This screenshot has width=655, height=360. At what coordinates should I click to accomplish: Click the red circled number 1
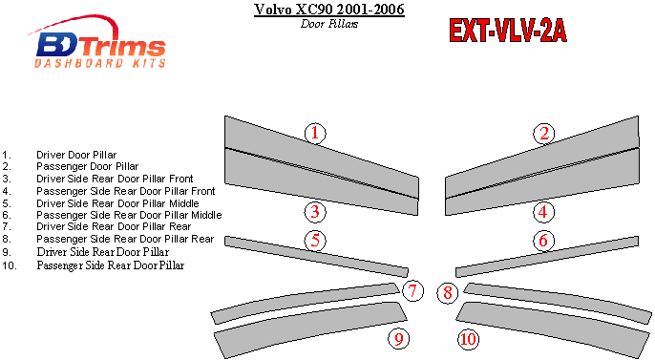315,134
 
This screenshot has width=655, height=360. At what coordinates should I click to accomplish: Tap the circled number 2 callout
544,134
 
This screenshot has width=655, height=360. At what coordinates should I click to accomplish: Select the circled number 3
315,212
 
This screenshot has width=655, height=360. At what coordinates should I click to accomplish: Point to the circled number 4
543,212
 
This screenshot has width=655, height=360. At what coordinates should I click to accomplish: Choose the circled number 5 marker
315,240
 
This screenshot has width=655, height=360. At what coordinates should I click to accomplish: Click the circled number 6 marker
543,240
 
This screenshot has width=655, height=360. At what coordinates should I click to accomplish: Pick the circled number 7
412,290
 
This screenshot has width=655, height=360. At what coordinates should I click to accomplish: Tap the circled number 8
448,293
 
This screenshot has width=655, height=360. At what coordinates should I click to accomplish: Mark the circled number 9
399,339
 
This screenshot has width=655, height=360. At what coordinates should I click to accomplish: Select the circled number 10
468,339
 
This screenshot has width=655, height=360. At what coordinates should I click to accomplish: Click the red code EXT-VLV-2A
508,31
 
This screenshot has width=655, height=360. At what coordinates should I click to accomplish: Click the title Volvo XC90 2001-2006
329,10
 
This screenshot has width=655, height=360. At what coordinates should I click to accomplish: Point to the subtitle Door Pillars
329,24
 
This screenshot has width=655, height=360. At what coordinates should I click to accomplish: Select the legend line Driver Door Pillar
76,155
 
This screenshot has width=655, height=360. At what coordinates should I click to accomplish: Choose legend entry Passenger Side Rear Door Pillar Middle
129,215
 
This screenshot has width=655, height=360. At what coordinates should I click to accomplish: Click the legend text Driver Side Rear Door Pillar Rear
114,226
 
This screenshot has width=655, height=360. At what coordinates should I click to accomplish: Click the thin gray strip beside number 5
316,257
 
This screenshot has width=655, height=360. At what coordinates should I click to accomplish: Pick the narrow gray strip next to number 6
547,257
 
